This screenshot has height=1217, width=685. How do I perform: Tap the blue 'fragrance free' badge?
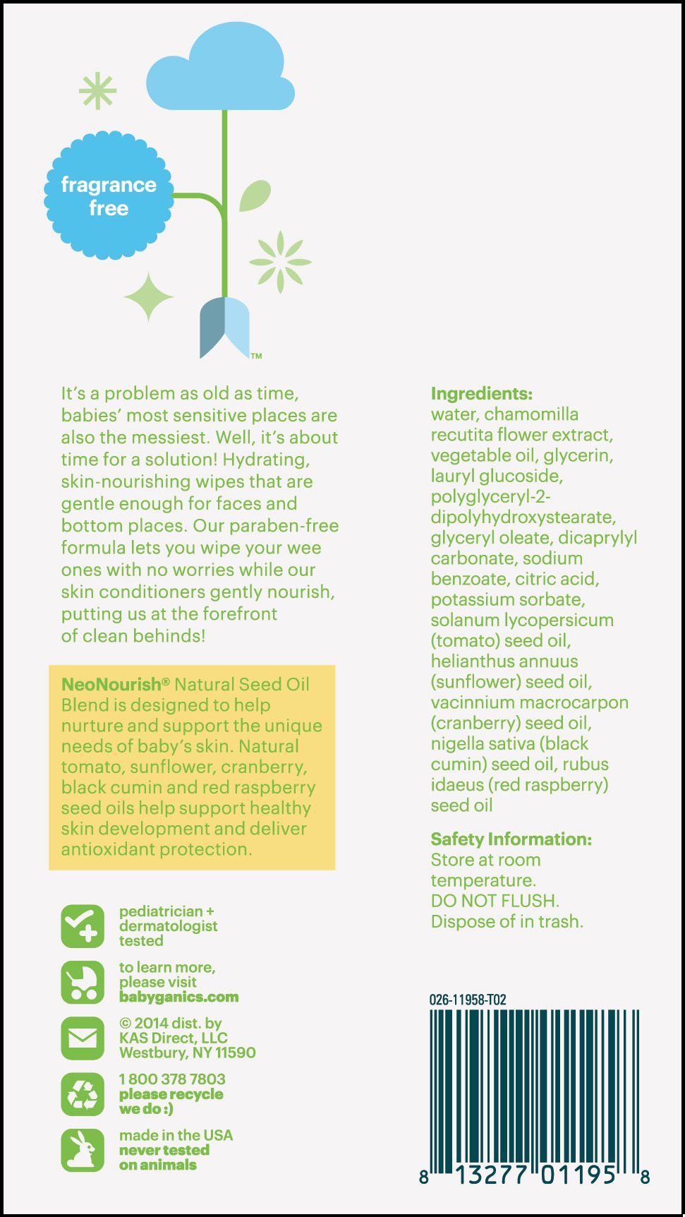point(109,196)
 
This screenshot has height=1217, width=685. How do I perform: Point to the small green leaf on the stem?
point(255,196)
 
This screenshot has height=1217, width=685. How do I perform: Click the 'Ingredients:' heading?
point(481,394)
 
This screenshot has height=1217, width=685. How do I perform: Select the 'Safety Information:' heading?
point(511,839)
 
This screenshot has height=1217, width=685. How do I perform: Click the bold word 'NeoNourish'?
point(111,684)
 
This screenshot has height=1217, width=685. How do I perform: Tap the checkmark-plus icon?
point(83,926)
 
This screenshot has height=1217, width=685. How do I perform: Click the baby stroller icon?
point(83,982)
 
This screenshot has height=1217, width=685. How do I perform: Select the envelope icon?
point(83,1038)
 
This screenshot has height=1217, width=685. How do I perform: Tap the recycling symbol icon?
point(83,1094)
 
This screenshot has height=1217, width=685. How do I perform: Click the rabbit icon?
point(83,1150)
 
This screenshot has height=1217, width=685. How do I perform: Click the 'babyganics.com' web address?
point(178,997)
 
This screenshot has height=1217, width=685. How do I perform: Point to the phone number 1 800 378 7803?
point(172,1079)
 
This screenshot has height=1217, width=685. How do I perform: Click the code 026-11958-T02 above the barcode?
point(468,1000)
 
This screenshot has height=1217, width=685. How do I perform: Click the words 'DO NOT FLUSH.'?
point(495,901)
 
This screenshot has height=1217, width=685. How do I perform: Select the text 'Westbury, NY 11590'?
point(187,1053)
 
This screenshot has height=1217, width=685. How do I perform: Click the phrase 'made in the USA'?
point(176,1135)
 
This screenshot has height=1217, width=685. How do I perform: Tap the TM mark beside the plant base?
point(256,356)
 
